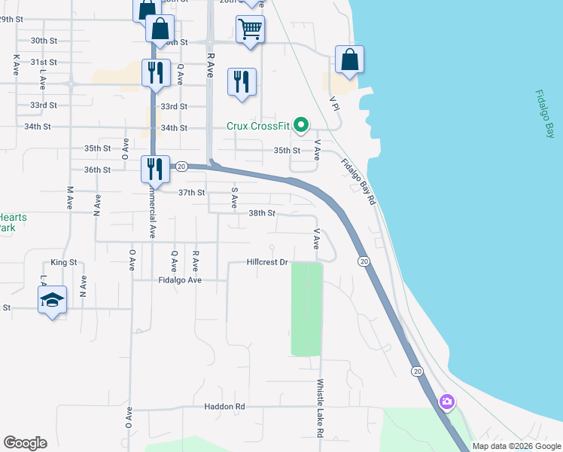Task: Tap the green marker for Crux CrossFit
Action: coord(301,125)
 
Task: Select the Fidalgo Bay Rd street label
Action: coord(358,182)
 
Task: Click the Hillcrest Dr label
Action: coord(267,262)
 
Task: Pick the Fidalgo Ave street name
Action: coord(180,279)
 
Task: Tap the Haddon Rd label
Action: coord(224,406)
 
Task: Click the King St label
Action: coord(64,262)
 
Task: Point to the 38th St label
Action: coord(262,213)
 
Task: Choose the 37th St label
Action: coord(191,193)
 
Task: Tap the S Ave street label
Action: coord(235,198)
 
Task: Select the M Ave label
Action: coord(70,197)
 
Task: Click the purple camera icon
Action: coord(447,402)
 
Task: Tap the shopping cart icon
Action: coord(250,29)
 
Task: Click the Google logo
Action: coord(25,443)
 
